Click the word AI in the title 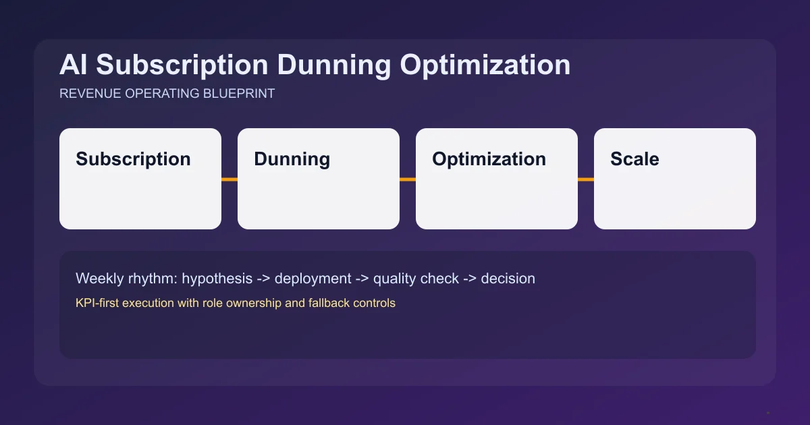click(x=74, y=65)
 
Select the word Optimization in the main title click(x=485, y=65)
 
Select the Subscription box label click(x=133, y=159)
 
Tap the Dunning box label click(x=292, y=159)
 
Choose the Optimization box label click(x=489, y=159)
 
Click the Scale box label click(x=634, y=159)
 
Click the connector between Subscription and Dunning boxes click(x=230, y=179)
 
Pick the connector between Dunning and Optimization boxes click(x=408, y=179)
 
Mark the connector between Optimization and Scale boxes click(x=586, y=179)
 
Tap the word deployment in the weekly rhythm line click(x=313, y=278)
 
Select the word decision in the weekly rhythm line click(x=508, y=278)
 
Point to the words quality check click(x=416, y=278)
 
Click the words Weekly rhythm click(x=126, y=278)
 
